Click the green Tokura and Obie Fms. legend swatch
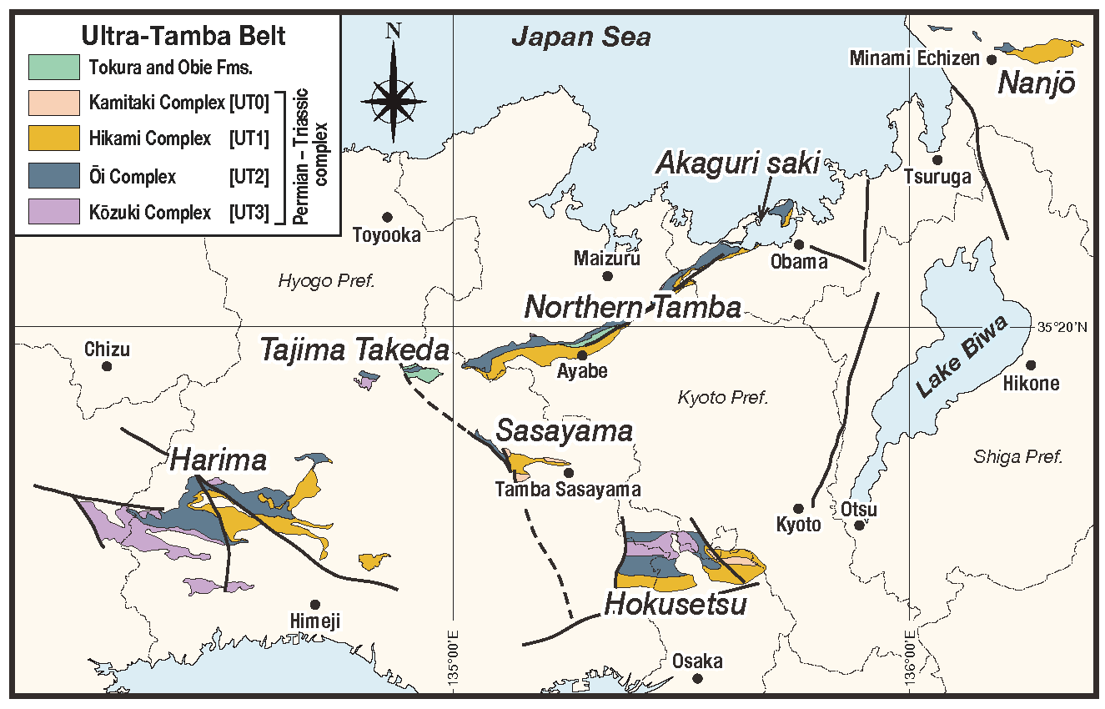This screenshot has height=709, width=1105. [54, 65]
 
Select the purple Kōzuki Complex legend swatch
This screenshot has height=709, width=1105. [54, 212]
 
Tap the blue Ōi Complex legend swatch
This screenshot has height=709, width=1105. [54, 176]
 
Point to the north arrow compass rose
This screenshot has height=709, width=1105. [394, 98]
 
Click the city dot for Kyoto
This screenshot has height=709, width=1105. [798, 508]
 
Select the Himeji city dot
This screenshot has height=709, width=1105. [315, 604]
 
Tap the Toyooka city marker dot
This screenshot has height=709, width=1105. [387, 217]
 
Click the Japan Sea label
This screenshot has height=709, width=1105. [580, 37]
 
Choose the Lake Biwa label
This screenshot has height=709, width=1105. [962, 356]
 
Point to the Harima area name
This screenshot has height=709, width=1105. [218, 460]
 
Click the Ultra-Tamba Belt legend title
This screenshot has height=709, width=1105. [182, 36]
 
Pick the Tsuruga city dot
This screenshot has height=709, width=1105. [937, 159]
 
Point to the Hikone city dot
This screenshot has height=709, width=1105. [1031, 365]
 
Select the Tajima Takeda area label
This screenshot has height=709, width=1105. [354, 350]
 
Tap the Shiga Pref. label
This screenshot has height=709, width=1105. [1017, 456]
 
